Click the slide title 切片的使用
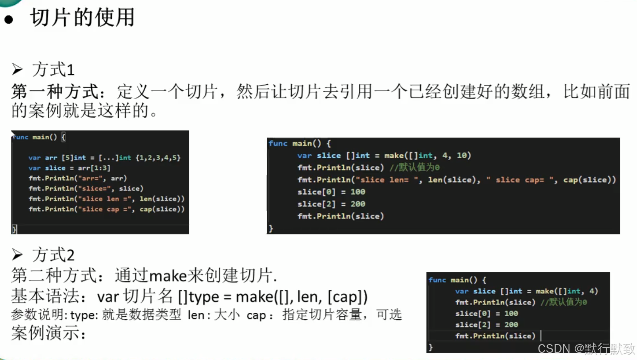83,18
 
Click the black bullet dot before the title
9,19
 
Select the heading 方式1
54,70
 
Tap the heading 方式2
54,255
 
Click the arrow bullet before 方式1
17,69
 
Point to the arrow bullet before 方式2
17,254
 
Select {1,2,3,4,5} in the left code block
158,158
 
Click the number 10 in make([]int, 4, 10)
461,155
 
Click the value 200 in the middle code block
358,204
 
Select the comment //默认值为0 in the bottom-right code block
564,302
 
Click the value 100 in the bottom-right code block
511,314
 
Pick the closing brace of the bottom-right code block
431,347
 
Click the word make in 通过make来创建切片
168,276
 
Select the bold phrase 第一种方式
54,92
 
